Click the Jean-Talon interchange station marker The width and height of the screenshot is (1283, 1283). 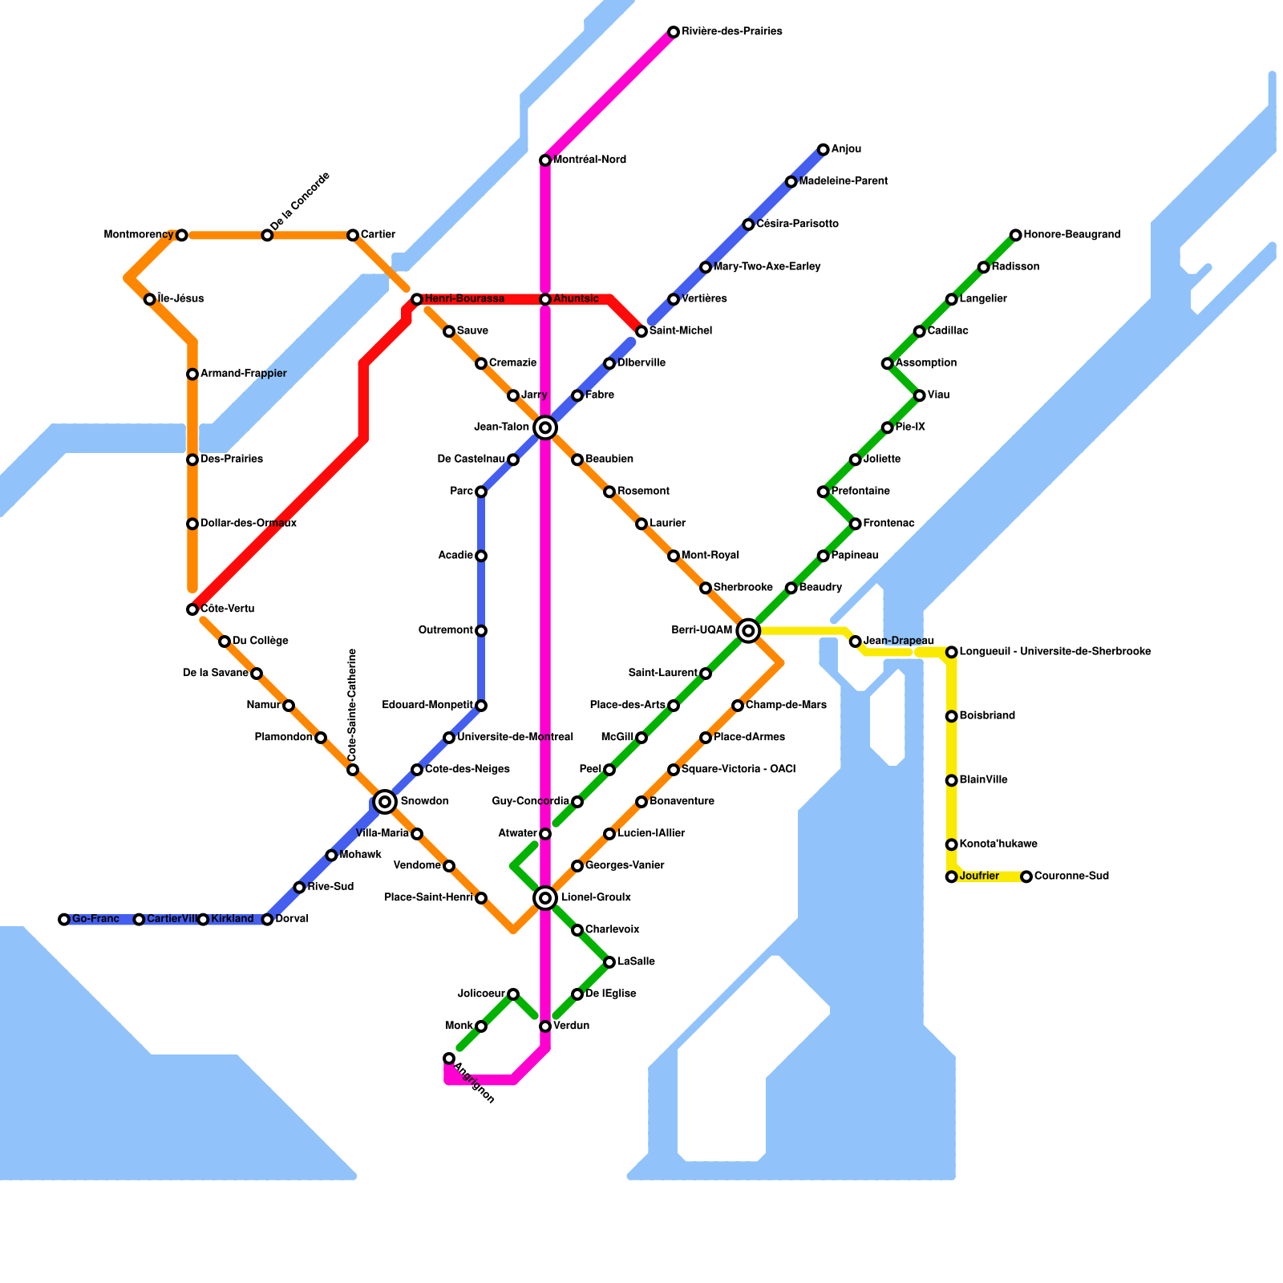(545, 427)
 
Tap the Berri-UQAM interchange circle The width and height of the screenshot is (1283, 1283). (748, 631)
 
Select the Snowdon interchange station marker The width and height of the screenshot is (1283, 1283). (385, 801)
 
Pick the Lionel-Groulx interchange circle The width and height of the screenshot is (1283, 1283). (545, 897)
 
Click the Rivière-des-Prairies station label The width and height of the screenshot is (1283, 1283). (731, 32)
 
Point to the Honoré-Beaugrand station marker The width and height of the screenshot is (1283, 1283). (1016, 235)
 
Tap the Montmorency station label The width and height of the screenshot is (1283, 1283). (139, 235)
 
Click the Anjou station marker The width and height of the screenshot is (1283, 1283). (824, 149)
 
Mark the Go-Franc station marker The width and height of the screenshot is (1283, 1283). (64, 919)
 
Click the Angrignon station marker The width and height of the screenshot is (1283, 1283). (449, 1058)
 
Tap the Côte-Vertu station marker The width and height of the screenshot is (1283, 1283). (192, 609)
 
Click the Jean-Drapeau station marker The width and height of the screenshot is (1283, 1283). (856, 641)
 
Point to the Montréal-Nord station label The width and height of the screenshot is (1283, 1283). (589, 160)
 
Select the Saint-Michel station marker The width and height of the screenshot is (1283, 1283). (641, 331)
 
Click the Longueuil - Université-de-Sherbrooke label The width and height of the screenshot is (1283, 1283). (1054, 652)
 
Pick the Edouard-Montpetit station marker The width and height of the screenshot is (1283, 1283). (481, 706)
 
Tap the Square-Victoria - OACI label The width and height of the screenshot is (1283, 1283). (738, 770)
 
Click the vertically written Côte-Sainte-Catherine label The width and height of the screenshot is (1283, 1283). (352, 705)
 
